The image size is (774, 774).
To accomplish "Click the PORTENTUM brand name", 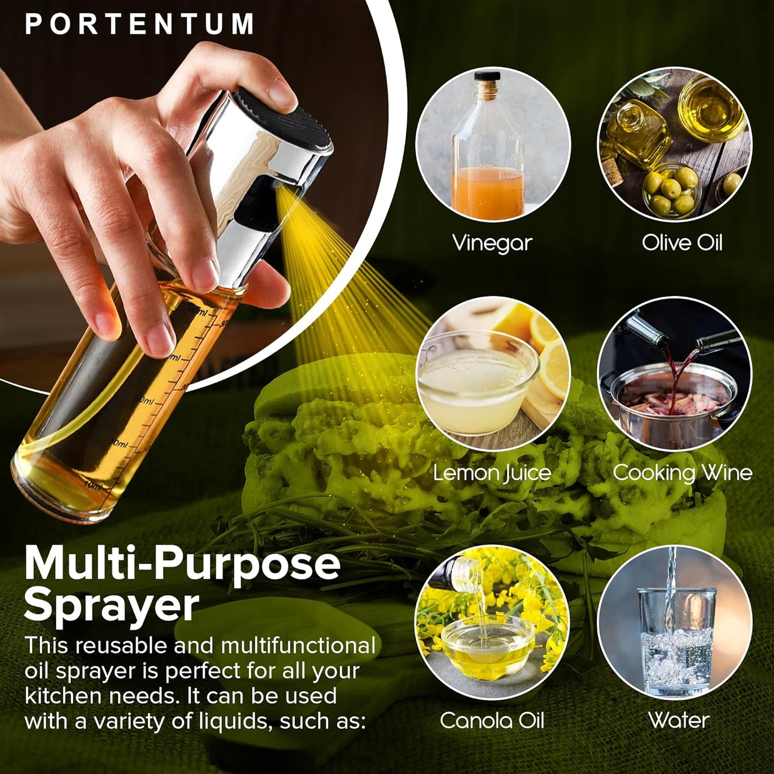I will [x=139, y=25].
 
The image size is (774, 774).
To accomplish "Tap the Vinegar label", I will [x=492, y=243].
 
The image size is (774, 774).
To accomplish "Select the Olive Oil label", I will [x=682, y=243].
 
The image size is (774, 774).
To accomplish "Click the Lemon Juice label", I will [x=492, y=473].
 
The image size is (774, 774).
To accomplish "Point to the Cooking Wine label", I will [x=682, y=473].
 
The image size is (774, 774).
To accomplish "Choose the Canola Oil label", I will [x=492, y=720].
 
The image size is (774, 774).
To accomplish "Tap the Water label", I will [x=679, y=720].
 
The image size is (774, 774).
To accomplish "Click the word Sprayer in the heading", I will [x=111, y=605].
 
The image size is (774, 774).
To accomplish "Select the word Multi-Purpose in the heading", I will [x=182, y=563].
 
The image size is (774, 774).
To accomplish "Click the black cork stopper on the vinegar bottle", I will [x=487, y=76].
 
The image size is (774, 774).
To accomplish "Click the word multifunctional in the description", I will [x=298, y=645].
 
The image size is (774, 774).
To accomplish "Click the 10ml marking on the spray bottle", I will [x=92, y=485].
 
